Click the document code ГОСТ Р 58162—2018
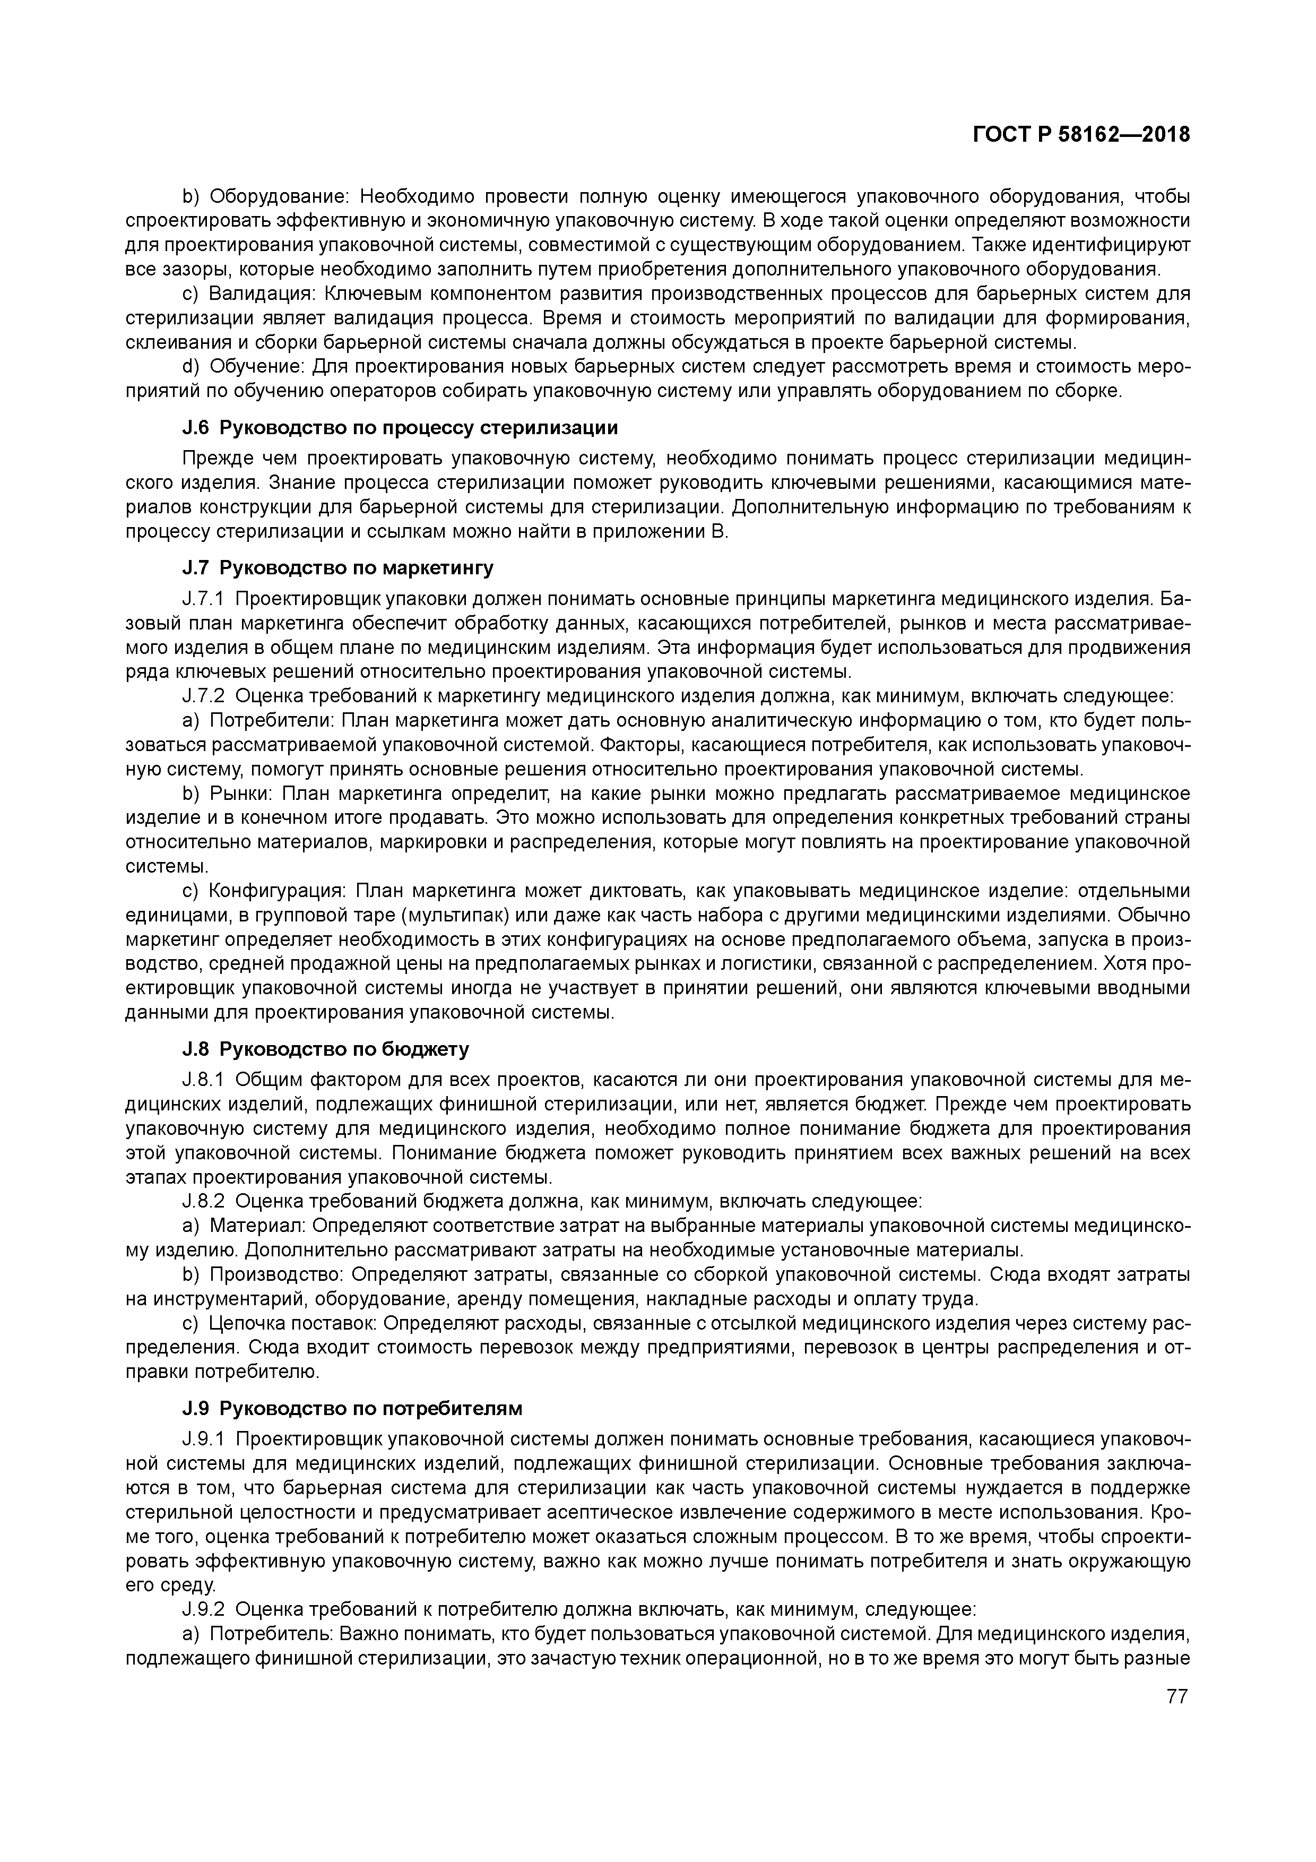[1081, 135]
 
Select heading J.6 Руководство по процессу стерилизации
[400, 427]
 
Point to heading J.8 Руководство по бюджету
[325, 1049]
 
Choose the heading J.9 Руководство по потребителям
[352, 1408]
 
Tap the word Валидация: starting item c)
[255, 294]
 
